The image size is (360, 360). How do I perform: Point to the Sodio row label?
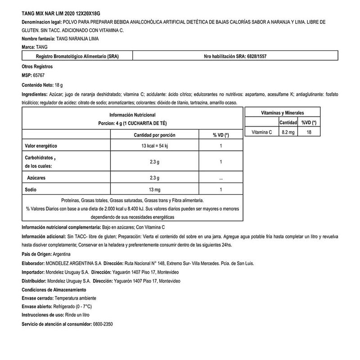click(x=30, y=189)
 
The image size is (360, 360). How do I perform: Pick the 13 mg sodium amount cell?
click(x=154, y=189)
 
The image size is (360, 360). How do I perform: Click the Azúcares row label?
click(x=38, y=178)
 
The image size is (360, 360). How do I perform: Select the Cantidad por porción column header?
click(x=154, y=135)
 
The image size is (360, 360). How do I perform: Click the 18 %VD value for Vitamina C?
click(x=309, y=131)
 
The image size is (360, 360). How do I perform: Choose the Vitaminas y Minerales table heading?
click(x=283, y=112)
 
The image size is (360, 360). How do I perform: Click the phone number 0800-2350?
click(x=103, y=324)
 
